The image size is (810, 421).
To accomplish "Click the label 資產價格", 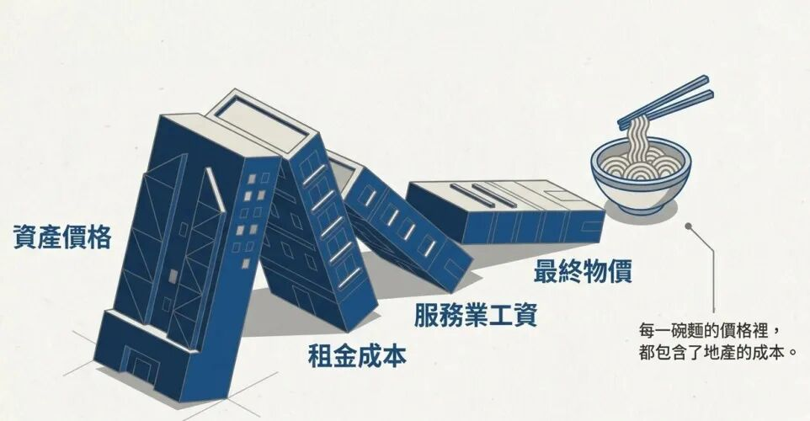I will coord(61,239).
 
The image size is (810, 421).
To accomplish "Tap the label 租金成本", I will coord(357,354).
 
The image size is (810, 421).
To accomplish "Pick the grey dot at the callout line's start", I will coord(689,226).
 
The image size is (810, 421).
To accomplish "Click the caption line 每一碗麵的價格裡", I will coord(708,329).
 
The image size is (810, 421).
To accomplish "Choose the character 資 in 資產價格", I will coord(25,239).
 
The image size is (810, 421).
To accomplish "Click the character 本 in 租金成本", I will coord(393,354).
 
